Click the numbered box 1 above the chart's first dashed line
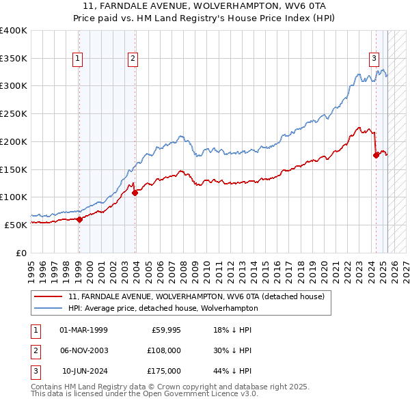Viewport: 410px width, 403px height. click(x=79, y=59)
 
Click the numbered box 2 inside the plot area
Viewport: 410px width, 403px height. click(x=133, y=59)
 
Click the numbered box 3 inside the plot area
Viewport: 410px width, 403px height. click(x=374, y=59)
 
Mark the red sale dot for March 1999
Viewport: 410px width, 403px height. click(x=79, y=219)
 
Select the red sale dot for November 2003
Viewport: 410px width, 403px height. click(x=135, y=193)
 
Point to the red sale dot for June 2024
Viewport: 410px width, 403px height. click(x=376, y=155)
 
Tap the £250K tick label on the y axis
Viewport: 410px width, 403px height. click(x=14, y=113)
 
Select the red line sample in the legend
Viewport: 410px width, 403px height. click(x=49, y=296)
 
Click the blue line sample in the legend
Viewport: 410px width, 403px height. click(x=49, y=308)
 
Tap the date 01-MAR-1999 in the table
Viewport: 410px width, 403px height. click(x=83, y=331)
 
